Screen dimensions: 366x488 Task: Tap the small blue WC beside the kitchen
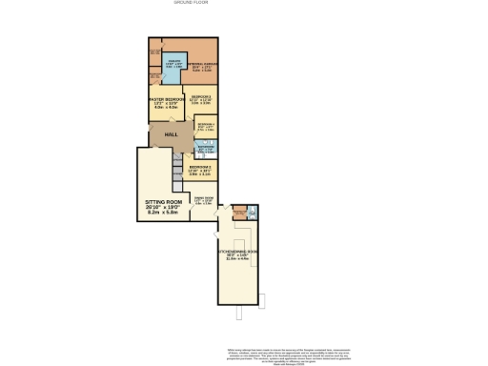point(252,213)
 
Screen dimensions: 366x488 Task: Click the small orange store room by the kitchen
point(238,213)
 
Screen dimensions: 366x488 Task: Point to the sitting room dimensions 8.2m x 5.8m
point(162,213)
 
